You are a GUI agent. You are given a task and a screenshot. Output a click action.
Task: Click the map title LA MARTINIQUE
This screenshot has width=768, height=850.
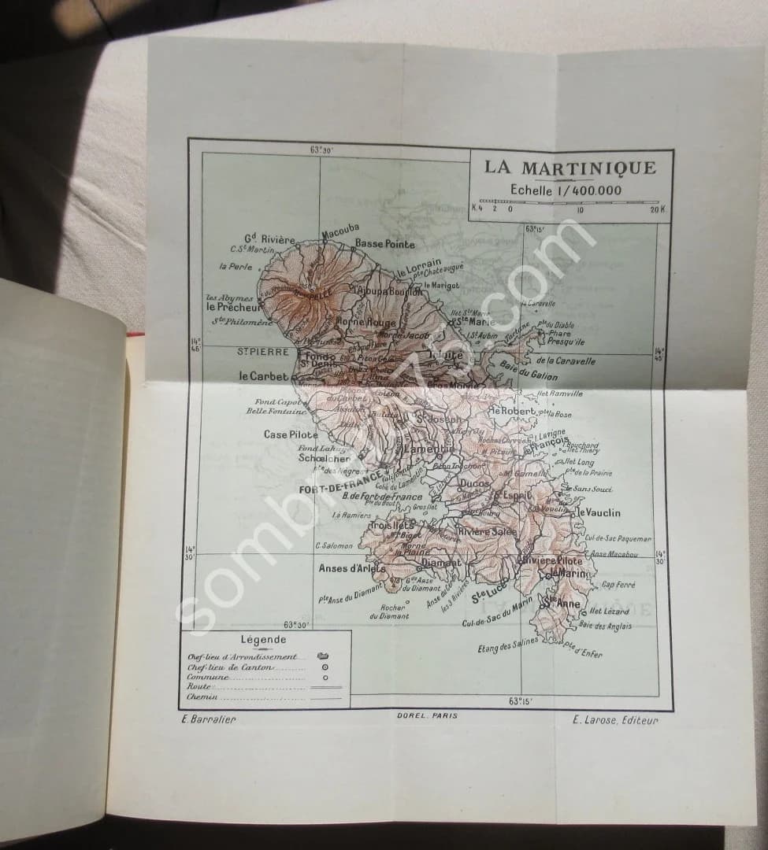pyautogui.click(x=570, y=168)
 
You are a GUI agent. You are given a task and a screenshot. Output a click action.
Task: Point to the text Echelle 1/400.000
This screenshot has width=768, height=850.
pyautogui.click(x=565, y=190)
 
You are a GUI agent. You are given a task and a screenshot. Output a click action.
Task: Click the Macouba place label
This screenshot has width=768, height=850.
pyautogui.click(x=340, y=234)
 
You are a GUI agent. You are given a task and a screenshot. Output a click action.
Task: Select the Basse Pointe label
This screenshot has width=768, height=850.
pyautogui.click(x=384, y=244)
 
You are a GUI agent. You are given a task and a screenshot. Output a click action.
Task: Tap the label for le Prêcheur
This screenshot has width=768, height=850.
pyautogui.click(x=232, y=308)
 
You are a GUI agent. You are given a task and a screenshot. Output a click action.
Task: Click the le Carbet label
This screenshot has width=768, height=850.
pyautogui.click(x=264, y=376)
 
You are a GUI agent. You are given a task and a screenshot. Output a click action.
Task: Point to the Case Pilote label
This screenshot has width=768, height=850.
pyautogui.click(x=291, y=434)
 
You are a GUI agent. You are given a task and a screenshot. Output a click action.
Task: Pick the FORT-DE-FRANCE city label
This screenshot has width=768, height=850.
pyautogui.click(x=340, y=490)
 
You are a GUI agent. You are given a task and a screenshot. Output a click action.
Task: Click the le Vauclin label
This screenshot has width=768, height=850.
pyautogui.click(x=599, y=512)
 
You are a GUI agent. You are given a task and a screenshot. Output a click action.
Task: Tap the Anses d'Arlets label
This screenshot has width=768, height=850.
pyautogui.click(x=352, y=568)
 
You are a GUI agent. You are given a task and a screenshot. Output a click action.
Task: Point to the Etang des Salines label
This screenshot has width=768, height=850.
pyautogui.click(x=508, y=646)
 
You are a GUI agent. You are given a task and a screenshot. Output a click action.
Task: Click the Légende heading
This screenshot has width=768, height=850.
pyautogui.click(x=264, y=641)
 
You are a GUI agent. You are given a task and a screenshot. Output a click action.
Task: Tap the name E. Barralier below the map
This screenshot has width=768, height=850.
pyautogui.click(x=208, y=718)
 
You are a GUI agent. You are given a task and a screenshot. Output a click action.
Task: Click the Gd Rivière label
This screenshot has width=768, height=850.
pyautogui.click(x=269, y=239)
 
